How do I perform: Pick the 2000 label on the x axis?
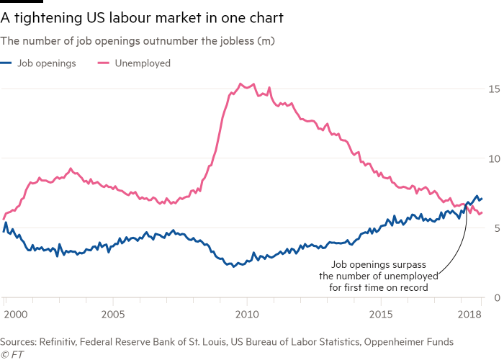pyautogui.click(x=15, y=315)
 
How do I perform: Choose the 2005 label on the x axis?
pyautogui.click(x=111, y=315)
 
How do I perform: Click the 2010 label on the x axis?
pyautogui.click(x=246, y=315)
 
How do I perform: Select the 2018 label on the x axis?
pyautogui.click(x=470, y=315)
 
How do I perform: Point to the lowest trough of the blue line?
pyautogui.click(x=235, y=266)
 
